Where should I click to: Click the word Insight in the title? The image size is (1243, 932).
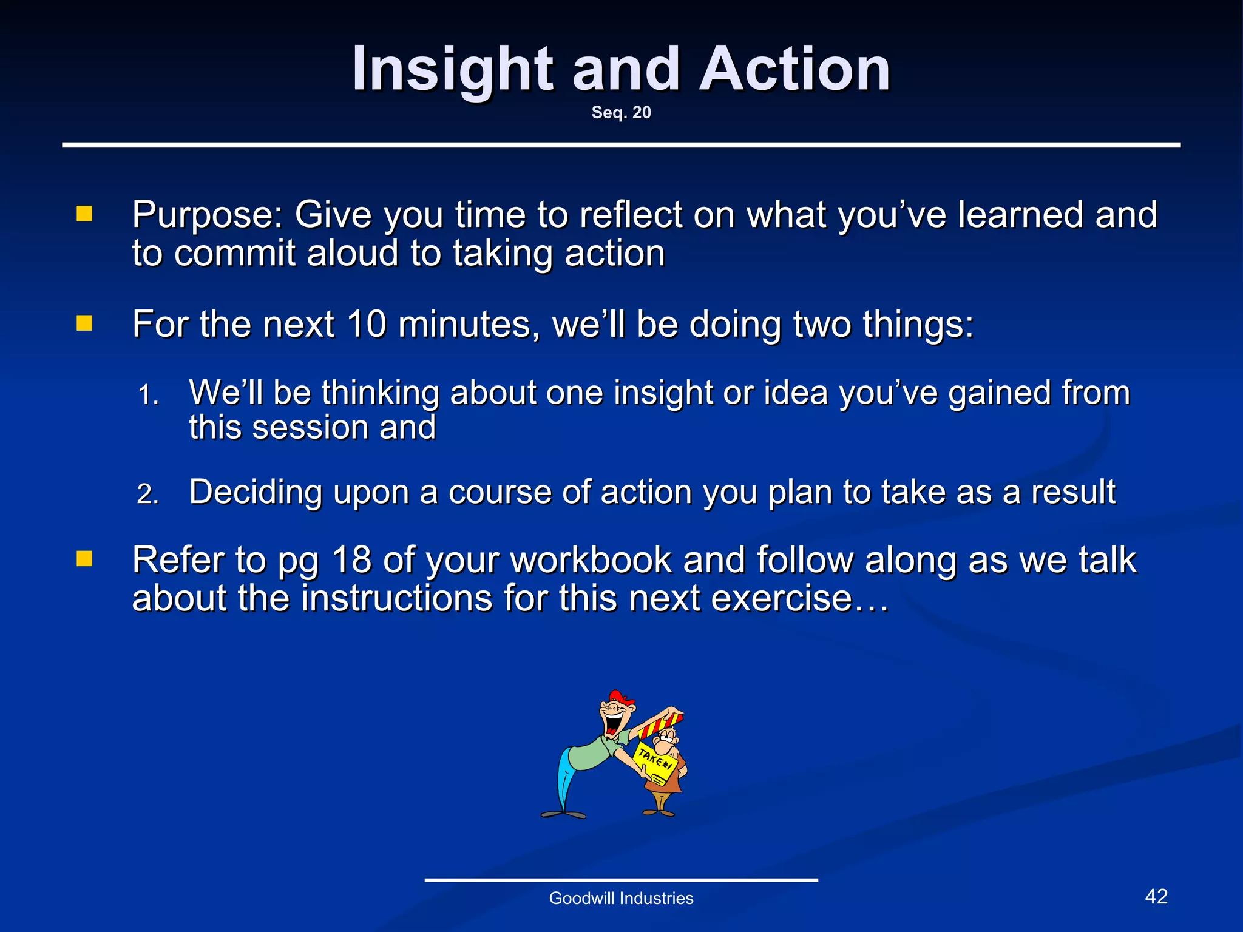(x=452, y=70)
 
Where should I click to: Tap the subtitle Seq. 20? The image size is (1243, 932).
(x=621, y=113)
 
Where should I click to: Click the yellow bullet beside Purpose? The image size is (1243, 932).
(x=84, y=214)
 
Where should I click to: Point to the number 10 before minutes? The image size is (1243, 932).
(x=367, y=324)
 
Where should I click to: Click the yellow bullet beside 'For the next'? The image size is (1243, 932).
(x=84, y=323)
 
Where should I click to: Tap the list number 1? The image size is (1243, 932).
(x=147, y=396)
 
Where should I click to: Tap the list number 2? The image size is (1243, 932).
(x=147, y=495)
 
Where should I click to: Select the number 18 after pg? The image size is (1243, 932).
(x=351, y=559)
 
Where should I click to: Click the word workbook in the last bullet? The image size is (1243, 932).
(x=591, y=559)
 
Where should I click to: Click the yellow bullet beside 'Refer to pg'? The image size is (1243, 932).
(x=84, y=558)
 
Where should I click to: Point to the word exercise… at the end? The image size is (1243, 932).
(x=799, y=599)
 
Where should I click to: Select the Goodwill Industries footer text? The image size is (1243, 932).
(x=621, y=899)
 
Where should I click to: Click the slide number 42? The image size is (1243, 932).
(x=1156, y=897)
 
